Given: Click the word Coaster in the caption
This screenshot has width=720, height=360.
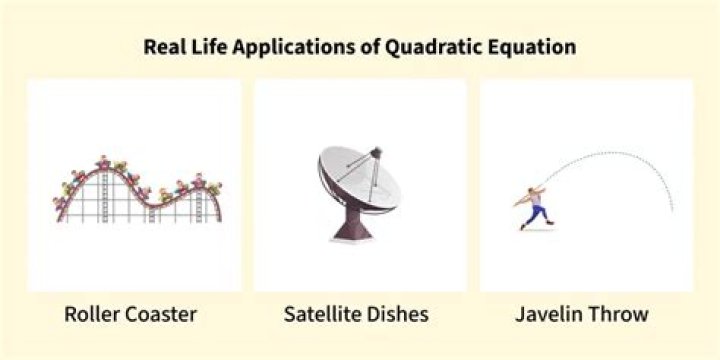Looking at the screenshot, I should [x=161, y=314].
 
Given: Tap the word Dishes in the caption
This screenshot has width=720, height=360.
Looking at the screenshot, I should [x=400, y=314].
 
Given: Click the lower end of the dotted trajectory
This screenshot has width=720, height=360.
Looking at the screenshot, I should [x=672, y=210].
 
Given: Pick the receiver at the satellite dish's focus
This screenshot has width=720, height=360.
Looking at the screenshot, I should [x=376, y=153].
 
